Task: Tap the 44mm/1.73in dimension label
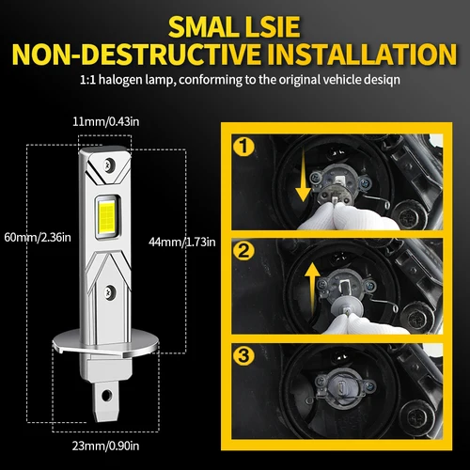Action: [182, 242]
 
